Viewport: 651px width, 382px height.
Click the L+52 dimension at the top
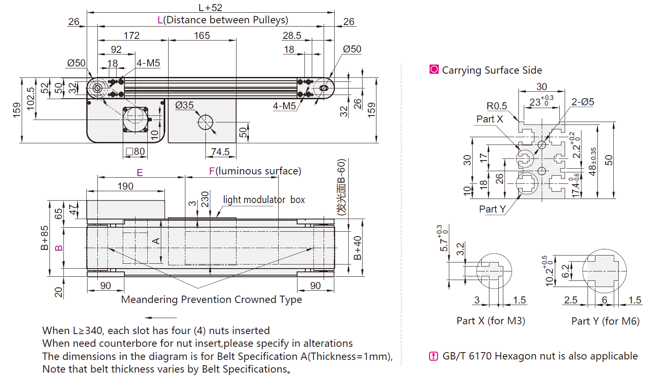(210, 7)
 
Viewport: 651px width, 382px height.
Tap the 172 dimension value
(131, 36)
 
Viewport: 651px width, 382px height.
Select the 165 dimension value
(202, 36)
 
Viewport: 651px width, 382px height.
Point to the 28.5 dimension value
(291, 36)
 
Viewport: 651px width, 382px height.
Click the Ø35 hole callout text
(184, 105)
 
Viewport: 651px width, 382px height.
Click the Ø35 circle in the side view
(205, 122)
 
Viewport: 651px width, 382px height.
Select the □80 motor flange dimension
(135, 151)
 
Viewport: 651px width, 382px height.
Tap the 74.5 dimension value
(220, 152)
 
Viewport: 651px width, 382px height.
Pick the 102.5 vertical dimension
(31, 98)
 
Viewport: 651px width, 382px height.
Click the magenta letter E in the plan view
(140, 172)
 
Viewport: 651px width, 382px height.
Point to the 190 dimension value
(125, 186)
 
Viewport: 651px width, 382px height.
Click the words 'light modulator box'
(264, 200)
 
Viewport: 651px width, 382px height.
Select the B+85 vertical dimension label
(44, 237)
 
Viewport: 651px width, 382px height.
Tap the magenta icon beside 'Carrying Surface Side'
(434, 69)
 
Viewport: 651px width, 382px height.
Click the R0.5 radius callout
(496, 106)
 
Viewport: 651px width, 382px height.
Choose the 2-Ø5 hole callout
(582, 102)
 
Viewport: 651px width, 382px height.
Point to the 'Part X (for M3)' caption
(491, 321)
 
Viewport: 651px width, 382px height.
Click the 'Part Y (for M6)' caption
(605, 321)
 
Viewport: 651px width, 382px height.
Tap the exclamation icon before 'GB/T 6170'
(433, 356)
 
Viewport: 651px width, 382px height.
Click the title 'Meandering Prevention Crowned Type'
(212, 299)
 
